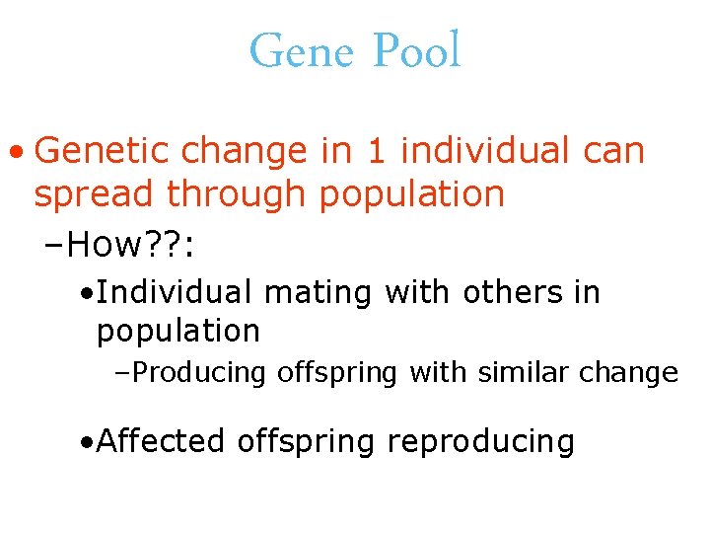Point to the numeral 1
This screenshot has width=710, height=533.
pyautogui.click(x=375, y=152)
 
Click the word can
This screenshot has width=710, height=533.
pyautogui.click(x=613, y=152)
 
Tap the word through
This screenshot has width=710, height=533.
pyautogui.click(x=237, y=194)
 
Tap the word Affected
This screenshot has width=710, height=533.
pyautogui.click(x=163, y=440)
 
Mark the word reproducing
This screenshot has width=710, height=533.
pyautogui.click(x=481, y=440)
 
